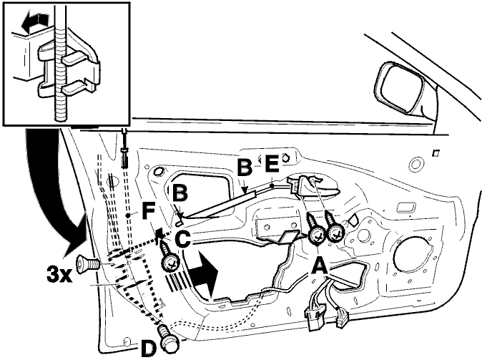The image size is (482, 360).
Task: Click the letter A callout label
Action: [320, 266]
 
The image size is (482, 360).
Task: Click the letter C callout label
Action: [183, 239]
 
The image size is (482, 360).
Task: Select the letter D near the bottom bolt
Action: [149, 349]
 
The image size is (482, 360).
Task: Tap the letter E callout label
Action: [272, 163]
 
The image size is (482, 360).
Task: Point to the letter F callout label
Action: [149, 210]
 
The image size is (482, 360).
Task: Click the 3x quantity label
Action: [59, 274]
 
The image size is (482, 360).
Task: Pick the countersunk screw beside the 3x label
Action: [87, 264]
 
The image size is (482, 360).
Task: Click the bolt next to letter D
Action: [168, 339]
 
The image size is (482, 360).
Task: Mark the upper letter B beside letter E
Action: [245, 167]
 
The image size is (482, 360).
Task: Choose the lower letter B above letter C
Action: [179, 193]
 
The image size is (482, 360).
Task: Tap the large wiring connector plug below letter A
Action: [315, 318]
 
